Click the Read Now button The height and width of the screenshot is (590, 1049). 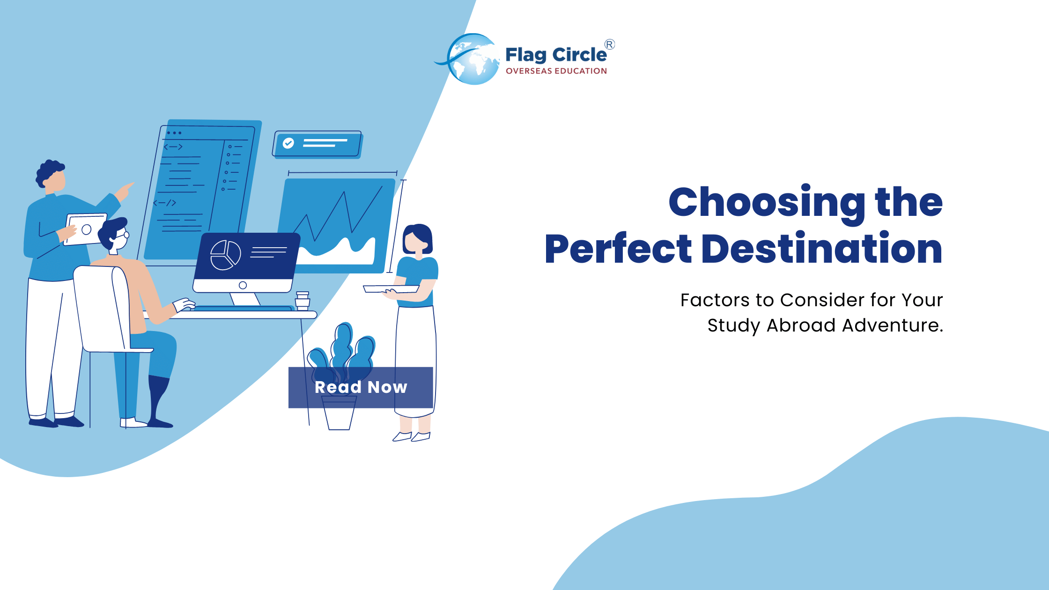coord(361,387)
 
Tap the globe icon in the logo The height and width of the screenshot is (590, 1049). coord(473,59)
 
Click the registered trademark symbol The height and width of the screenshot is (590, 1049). coord(609,44)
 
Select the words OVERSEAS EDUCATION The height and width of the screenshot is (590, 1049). coord(556,71)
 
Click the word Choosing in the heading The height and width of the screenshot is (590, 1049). coord(767,202)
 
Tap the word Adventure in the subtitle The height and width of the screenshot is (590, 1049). coord(892,325)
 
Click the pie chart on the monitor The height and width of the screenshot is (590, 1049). coord(225,255)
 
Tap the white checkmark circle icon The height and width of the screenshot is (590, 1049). coord(288,143)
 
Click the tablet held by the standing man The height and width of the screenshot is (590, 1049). coord(85,229)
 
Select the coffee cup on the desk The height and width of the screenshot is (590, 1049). coord(303,301)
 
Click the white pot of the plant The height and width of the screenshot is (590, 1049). coord(339,414)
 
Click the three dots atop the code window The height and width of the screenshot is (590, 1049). coord(174,133)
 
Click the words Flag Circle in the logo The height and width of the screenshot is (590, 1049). coord(556,55)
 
